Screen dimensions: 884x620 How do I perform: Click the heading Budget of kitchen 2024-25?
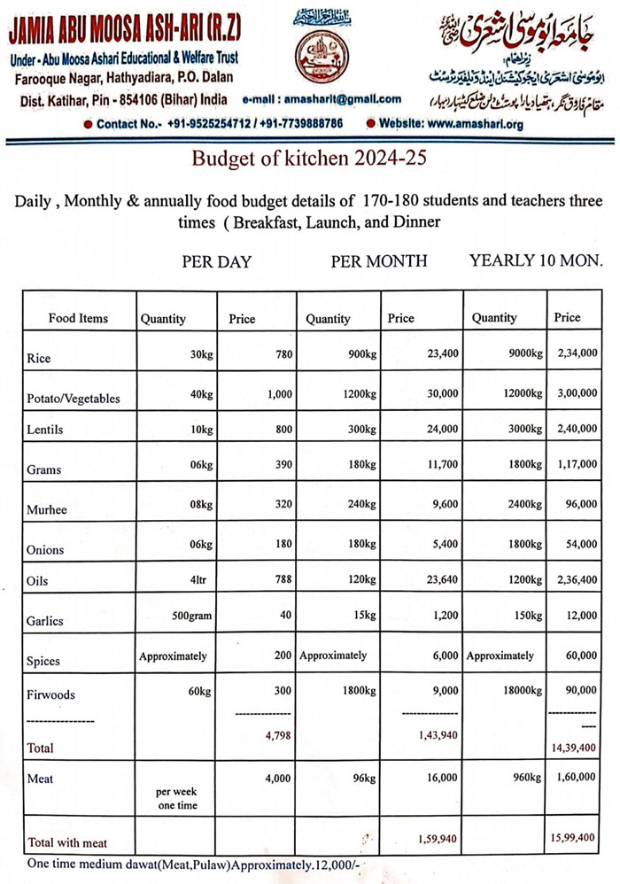coord(309,159)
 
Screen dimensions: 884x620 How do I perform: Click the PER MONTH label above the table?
coord(379,261)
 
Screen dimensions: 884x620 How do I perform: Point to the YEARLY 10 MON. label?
coord(536,261)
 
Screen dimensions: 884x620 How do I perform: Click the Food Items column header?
coord(78,318)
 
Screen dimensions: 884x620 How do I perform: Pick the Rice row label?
coord(39,359)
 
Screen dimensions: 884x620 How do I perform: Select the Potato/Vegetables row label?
coord(74,399)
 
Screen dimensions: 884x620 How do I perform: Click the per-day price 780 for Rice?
coord(283,354)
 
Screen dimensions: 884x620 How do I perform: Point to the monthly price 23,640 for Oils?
coord(442,581)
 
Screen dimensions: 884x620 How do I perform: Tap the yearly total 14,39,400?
coord(573,748)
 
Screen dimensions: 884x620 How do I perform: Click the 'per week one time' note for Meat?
coord(176,798)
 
